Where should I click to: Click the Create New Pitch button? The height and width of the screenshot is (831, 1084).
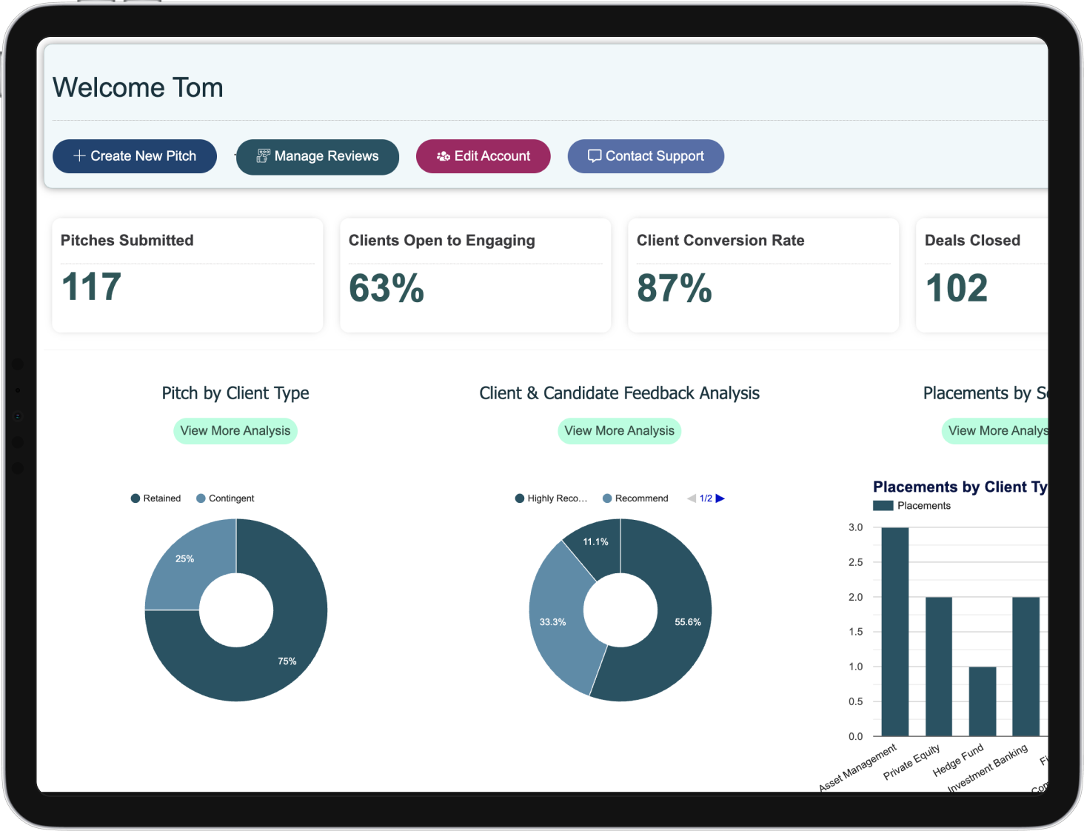pyautogui.click(x=135, y=156)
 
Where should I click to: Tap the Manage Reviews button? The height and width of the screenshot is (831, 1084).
pyautogui.click(x=318, y=156)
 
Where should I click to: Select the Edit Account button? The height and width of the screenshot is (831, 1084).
pyautogui.click(x=484, y=156)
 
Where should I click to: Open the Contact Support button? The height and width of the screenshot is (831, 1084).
pyautogui.click(x=646, y=156)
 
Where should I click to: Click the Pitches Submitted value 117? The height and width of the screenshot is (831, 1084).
pyautogui.click(x=91, y=287)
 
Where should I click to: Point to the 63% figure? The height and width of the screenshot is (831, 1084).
pyautogui.click(x=386, y=288)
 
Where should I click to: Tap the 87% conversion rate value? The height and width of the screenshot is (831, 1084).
pyautogui.click(x=674, y=288)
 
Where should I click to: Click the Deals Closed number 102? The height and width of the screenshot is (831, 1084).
pyautogui.click(x=956, y=288)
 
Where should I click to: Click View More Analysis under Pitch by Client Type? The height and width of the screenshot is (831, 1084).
pyautogui.click(x=235, y=431)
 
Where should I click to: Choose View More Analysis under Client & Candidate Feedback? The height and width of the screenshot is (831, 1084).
pyautogui.click(x=619, y=431)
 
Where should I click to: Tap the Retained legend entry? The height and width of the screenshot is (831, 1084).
pyautogui.click(x=156, y=498)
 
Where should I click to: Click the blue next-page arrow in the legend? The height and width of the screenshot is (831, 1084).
pyautogui.click(x=720, y=498)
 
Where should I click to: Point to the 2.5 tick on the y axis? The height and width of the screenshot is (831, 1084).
pyautogui.click(x=855, y=562)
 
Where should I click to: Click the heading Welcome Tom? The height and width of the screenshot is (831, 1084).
pyautogui.click(x=138, y=87)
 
